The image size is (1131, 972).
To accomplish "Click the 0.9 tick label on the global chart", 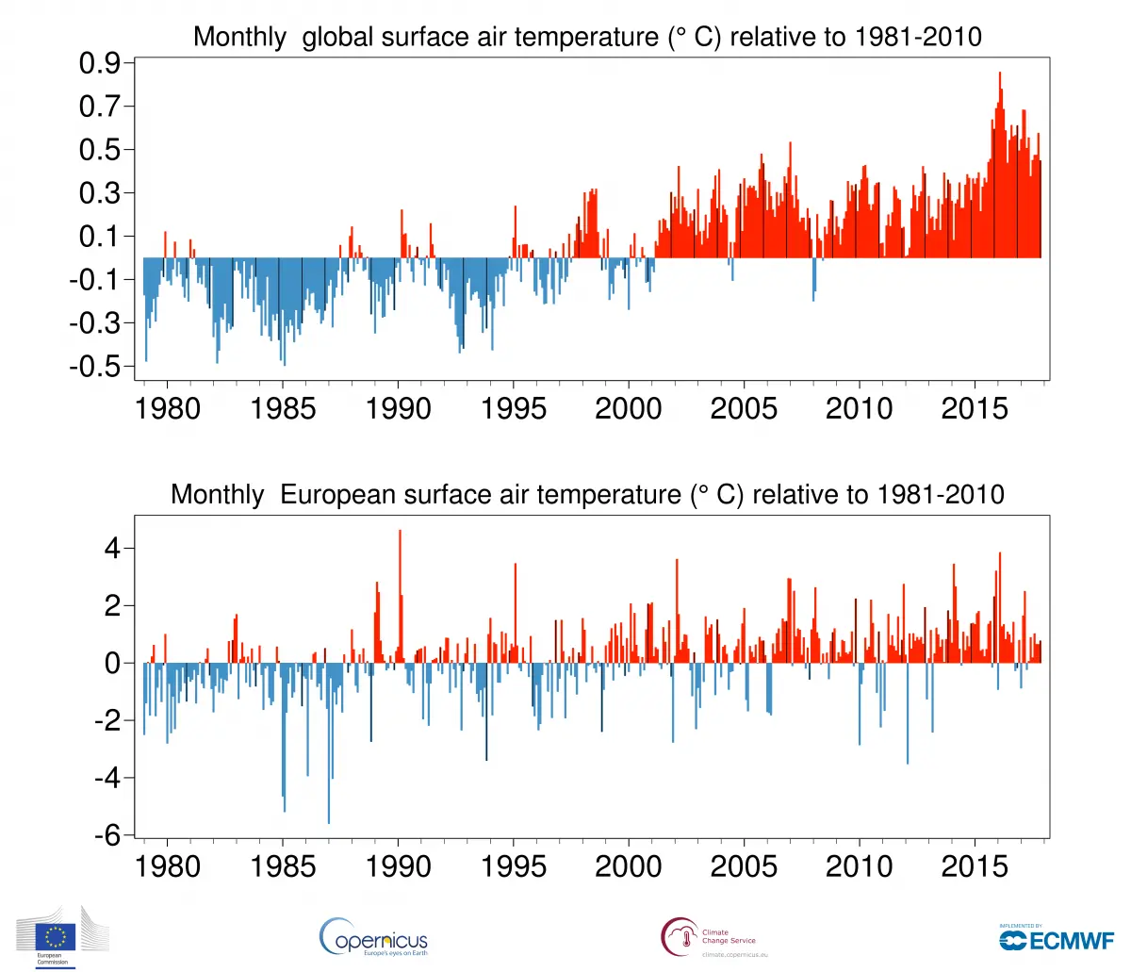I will coord(100,64).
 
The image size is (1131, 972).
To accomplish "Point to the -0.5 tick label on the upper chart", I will coord(95,367).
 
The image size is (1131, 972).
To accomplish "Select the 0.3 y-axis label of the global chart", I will coord(100,193).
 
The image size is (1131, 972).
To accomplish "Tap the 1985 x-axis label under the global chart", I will coord(283,409).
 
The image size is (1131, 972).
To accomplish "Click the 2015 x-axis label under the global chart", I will coord(975,409).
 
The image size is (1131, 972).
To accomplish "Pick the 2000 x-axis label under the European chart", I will coord(629,867).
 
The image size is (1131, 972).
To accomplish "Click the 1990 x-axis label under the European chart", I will coord(398,867).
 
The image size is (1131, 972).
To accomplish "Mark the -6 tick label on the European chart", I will coord(107,836).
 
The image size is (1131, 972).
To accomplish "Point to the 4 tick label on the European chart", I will coord(113,549).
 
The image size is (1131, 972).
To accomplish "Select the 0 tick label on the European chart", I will coord(113,664).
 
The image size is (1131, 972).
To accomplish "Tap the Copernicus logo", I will coord(374,937).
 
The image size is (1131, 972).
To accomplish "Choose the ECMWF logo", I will coord(1057,939).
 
